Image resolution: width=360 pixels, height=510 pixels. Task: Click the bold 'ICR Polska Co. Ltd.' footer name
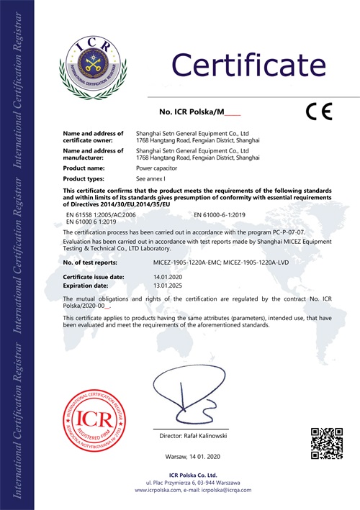(196, 475)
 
